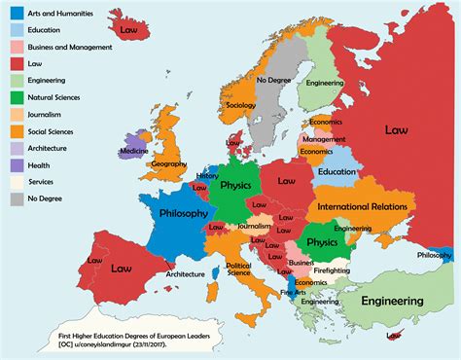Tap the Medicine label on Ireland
click(133, 151)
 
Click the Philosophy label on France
click(182, 213)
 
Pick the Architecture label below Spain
click(185, 274)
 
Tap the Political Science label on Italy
click(238, 268)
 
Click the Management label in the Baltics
click(324, 139)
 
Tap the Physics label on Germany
click(235, 185)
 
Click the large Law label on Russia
click(396, 127)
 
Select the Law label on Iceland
click(128, 30)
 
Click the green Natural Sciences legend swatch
click(16, 96)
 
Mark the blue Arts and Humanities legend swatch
click(16, 14)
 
